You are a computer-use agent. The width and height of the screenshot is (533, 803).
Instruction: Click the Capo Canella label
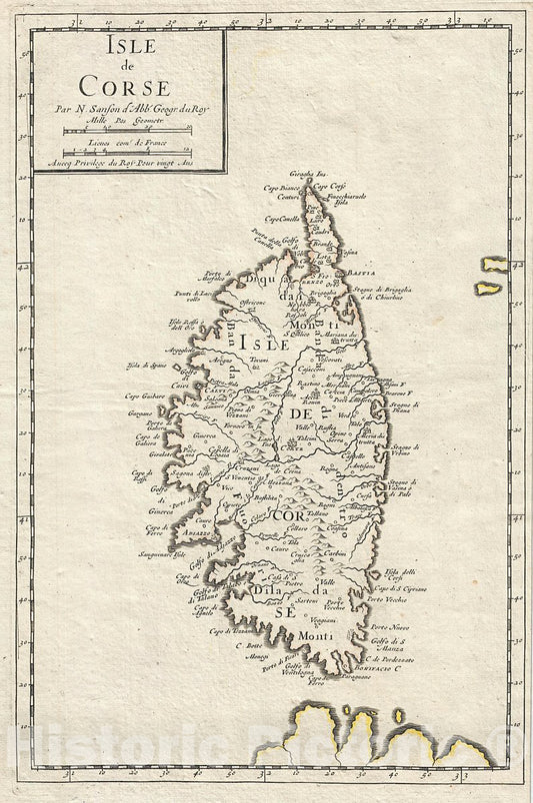281,219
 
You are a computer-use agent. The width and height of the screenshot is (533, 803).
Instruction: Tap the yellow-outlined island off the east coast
490,276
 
